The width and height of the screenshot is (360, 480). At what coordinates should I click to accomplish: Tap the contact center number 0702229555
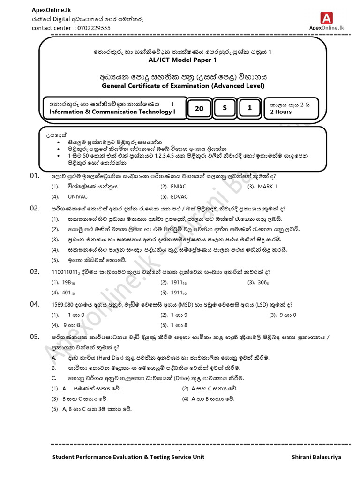point(92,28)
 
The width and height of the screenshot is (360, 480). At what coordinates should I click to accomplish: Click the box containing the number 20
point(199,108)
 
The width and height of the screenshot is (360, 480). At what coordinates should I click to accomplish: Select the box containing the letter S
point(225,108)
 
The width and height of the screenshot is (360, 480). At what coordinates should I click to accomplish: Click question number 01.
point(34,176)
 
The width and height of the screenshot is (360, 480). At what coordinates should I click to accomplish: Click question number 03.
point(34,272)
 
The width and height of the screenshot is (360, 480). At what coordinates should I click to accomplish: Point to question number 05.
point(34,337)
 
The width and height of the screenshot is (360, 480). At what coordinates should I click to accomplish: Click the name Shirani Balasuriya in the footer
point(316,457)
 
